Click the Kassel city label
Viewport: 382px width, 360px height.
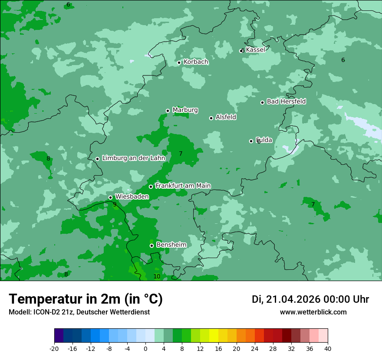[x=255, y=50]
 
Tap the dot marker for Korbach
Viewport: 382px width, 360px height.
[x=179, y=62]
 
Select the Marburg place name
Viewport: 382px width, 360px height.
[x=185, y=110]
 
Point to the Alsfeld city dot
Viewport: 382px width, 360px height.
[x=211, y=118]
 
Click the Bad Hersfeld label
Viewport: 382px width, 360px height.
[x=286, y=101]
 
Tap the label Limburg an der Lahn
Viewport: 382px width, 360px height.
[x=133, y=158]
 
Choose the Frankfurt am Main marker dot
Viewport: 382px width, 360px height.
[x=151, y=187]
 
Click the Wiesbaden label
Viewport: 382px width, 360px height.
[x=132, y=196]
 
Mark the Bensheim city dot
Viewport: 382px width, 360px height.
[x=151, y=245]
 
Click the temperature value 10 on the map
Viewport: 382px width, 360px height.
[x=157, y=276]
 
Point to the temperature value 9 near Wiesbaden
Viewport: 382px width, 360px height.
[x=115, y=204]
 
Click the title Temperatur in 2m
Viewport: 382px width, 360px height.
[x=86, y=299]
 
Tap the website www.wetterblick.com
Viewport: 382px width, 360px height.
[x=313, y=312]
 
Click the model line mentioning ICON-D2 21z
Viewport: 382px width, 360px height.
[x=79, y=312]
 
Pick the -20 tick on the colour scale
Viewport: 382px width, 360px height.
[x=54, y=348]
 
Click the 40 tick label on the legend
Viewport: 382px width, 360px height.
[x=327, y=348]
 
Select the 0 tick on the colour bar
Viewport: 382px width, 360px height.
[x=145, y=348]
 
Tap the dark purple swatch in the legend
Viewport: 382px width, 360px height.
[x=59, y=336]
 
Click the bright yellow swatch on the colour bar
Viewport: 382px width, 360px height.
[x=214, y=336]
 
